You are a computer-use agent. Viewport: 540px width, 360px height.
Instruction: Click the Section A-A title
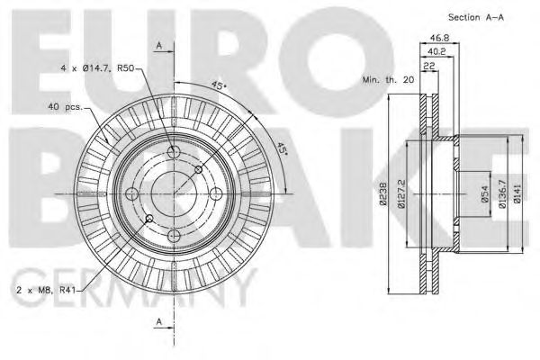474,18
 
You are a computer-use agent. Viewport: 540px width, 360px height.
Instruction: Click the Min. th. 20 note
388,81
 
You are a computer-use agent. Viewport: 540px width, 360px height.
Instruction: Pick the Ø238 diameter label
382,193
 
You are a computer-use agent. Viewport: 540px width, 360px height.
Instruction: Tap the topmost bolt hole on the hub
173,151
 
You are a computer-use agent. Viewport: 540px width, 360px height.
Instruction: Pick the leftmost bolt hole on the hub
130,193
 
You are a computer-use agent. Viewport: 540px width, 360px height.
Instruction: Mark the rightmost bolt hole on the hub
215,193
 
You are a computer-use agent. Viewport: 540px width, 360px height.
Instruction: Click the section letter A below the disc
159,322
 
